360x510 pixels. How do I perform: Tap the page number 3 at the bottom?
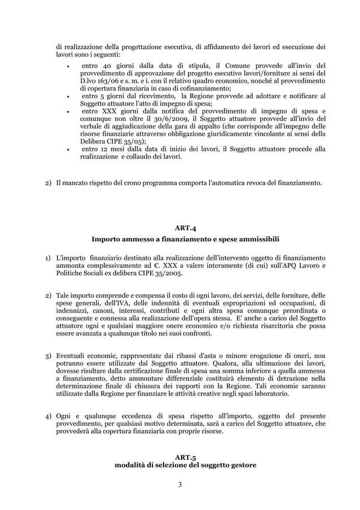pos(179,485)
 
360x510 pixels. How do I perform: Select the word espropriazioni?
pos(244,303)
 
